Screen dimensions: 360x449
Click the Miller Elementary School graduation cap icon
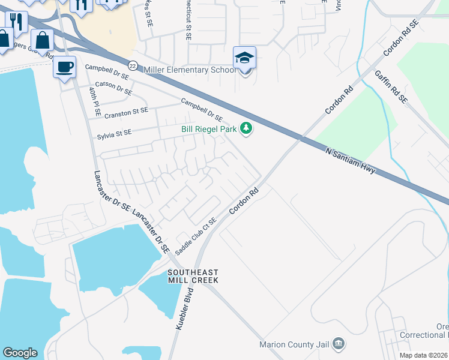(244, 58)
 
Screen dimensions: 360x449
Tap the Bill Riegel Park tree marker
(246, 128)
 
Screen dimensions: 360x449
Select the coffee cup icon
(65, 67)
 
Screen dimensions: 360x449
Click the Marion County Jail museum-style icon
(339, 344)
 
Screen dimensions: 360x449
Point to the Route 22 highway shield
(133, 65)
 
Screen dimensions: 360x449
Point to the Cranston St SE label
(126, 112)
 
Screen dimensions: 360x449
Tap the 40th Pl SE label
(94, 101)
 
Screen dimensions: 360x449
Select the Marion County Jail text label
(295, 344)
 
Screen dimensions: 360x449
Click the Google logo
(20, 352)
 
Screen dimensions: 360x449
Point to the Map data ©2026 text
(424, 355)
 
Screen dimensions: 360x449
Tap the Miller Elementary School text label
(190, 70)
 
